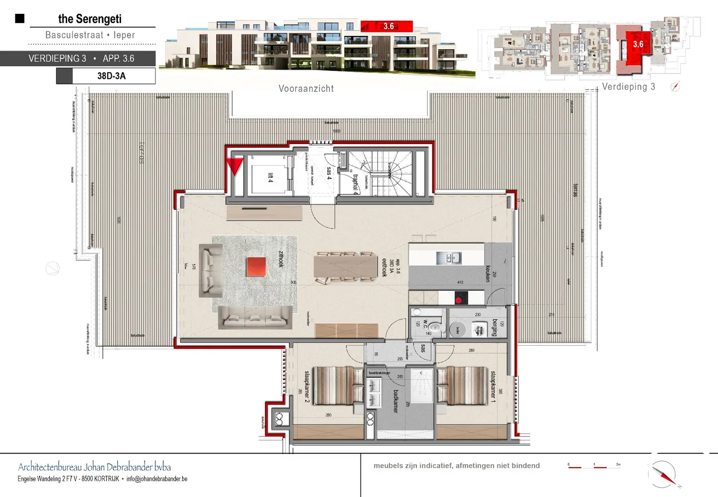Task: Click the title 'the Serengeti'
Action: click(90, 19)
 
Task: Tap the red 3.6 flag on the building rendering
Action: click(387, 26)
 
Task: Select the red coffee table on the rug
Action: click(256, 267)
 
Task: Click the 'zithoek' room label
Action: click(281, 259)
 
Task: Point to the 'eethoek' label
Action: click(384, 267)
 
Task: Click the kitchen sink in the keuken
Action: click(449, 258)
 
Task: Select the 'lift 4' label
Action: click(270, 177)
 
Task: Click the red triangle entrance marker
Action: click(235, 166)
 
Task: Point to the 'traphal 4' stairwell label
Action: click(355, 184)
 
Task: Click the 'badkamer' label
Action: click(395, 401)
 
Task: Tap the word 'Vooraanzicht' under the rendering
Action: click(306, 89)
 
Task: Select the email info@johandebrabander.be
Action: click(157, 479)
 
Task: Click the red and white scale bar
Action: click(593, 466)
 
